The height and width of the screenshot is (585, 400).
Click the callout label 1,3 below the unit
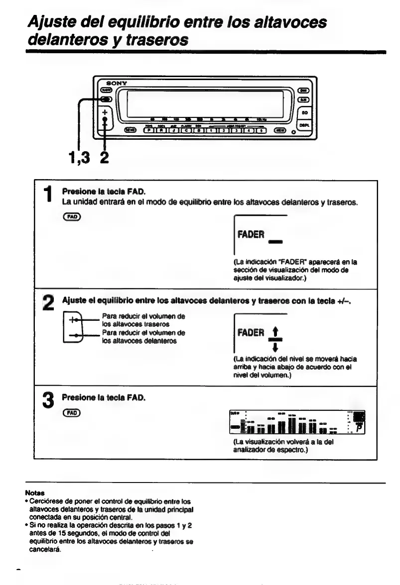79,158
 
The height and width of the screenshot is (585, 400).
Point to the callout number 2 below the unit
104,158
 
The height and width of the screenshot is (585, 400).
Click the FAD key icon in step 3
71,413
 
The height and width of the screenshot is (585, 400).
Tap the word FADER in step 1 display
251,235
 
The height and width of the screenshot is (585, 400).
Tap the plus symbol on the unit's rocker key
105,113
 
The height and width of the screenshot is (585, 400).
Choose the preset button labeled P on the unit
149,131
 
